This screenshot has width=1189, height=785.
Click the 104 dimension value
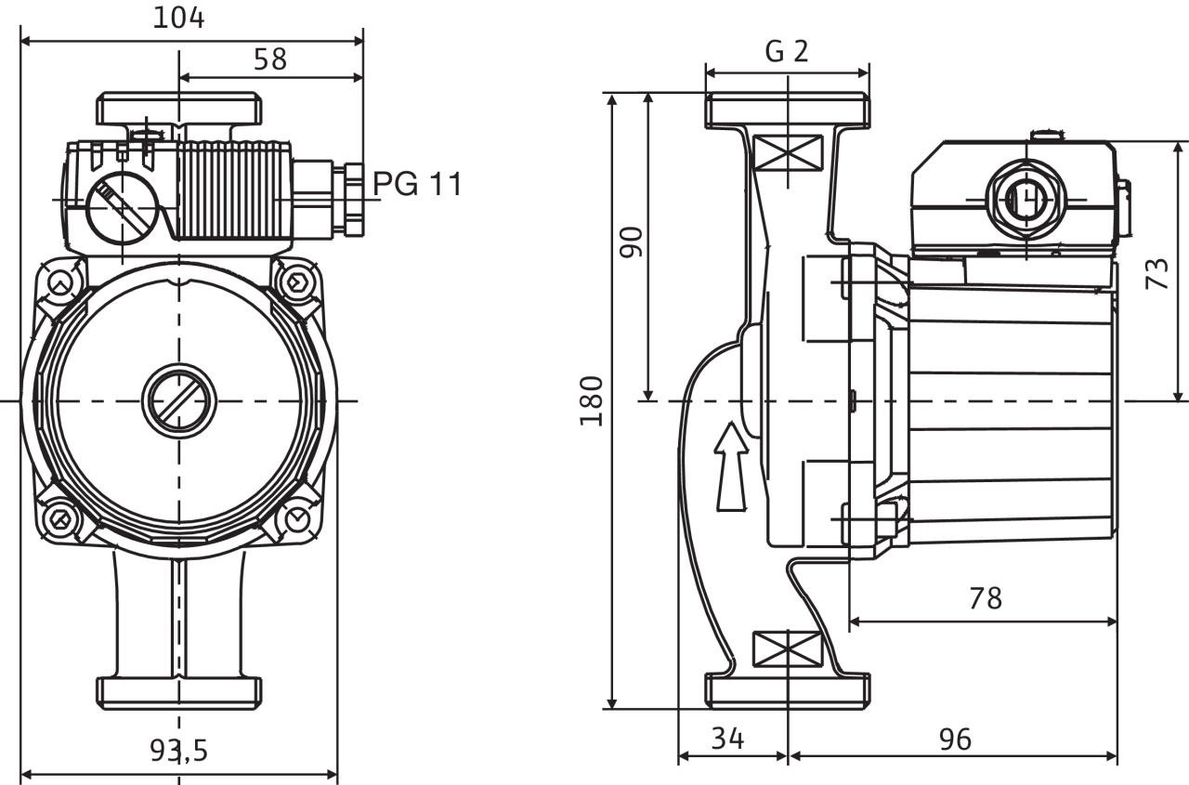(179, 17)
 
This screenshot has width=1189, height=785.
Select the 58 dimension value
(270, 59)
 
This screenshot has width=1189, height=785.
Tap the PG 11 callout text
(417, 184)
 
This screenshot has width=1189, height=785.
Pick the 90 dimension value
(632, 242)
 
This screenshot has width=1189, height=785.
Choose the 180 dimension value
(592, 401)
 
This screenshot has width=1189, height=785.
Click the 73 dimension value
(1157, 273)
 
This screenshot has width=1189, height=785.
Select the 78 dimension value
(985, 598)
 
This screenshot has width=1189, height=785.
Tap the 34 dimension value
(728, 739)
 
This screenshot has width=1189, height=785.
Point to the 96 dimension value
(955, 739)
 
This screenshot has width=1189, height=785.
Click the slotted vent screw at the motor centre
(178, 401)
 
